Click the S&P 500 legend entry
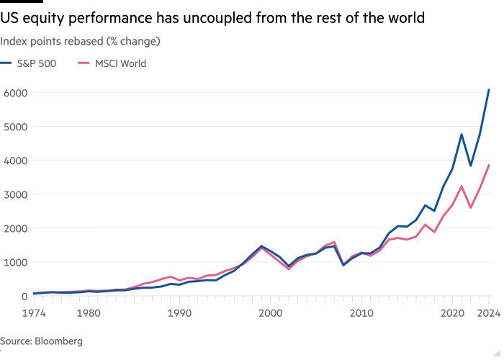pos(37,63)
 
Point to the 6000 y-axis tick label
pos(14,93)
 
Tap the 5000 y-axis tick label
pos(14,127)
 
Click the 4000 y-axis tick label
pos(14,161)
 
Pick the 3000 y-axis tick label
pos(14,194)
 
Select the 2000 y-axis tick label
pos(14,228)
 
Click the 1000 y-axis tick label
pos(14,262)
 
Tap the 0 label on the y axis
pos(24,296)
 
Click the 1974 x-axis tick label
pos(34,313)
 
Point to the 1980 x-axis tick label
pos(89,313)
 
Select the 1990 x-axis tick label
pos(180,313)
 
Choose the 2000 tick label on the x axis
pos(271,313)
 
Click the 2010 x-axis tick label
pos(361,313)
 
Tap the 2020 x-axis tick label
pos(453,313)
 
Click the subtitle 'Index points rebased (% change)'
pos(80,41)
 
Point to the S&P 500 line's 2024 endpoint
pos(490,90)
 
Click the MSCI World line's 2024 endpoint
pos(490,165)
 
